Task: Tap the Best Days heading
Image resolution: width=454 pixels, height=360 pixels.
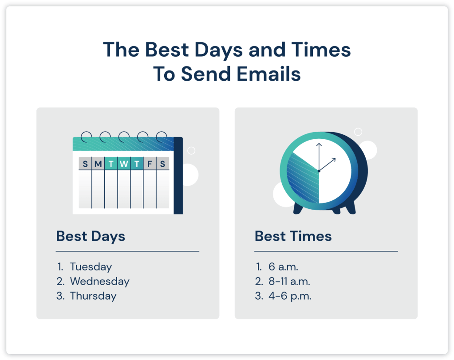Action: click(x=91, y=236)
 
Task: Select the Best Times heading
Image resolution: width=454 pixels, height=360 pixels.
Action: click(x=293, y=236)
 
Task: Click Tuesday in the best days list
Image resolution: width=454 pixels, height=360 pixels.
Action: click(x=91, y=267)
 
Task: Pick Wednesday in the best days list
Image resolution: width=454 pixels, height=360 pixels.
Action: click(x=99, y=282)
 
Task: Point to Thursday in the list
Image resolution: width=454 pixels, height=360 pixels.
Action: click(x=93, y=296)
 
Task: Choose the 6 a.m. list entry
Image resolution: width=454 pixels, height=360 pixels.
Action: click(x=283, y=267)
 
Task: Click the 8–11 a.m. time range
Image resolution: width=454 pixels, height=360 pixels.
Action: click(x=289, y=282)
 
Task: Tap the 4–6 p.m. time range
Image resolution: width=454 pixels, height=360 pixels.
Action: click(x=289, y=296)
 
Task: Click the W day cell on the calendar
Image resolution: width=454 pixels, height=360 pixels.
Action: click(x=124, y=164)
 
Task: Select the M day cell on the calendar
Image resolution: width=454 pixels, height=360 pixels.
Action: click(x=98, y=164)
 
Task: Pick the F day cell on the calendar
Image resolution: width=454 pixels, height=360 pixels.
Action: click(x=150, y=164)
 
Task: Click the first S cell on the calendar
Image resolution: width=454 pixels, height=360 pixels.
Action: click(x=85, y=164)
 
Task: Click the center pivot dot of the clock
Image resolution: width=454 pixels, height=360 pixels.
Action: click(x=319, y=171)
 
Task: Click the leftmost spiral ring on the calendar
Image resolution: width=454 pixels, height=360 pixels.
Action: click(x=86, y=136)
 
